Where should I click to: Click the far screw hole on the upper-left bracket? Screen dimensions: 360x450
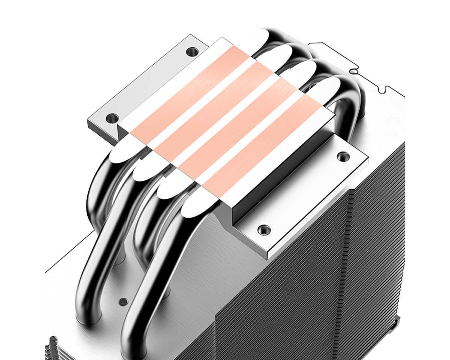[192, 50]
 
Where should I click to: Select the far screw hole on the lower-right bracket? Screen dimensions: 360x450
[342, 156]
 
